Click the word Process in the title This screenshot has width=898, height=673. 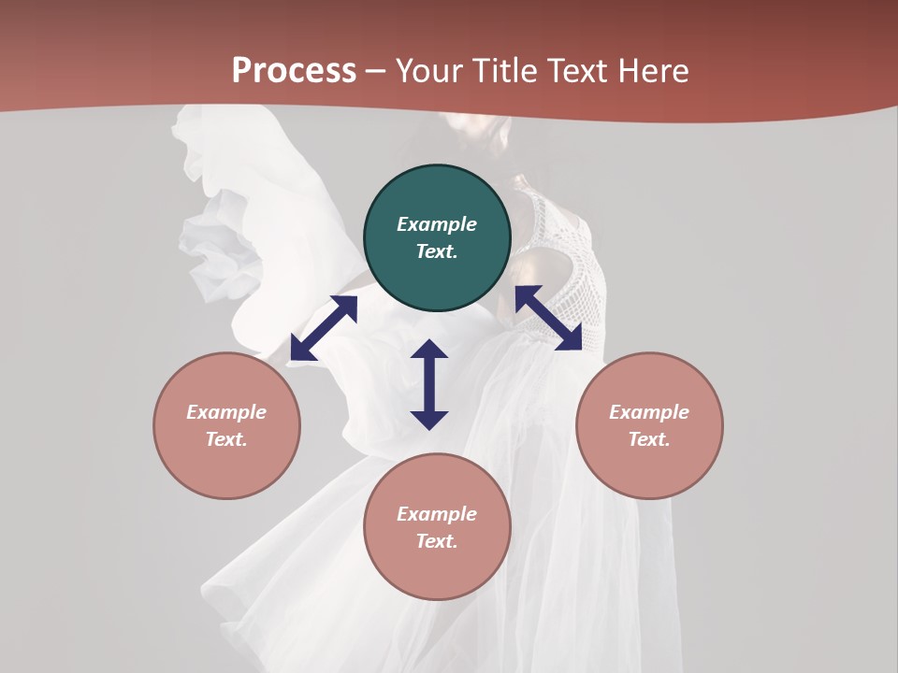pyautogui.click(x=294, y=71)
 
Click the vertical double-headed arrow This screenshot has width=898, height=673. pyautogui.click(x=429, y=384)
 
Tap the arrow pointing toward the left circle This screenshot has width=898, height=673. pyautogui.click(x=324, y=328)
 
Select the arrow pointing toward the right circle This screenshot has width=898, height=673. pyautogui.click(x=548, y=318)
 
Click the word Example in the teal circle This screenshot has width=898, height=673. pyautogui.click(x=437, y=224)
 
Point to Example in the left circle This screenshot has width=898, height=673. pyautogui.click(x=226, y=412)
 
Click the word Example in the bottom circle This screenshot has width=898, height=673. pyautogui.click(x=437, y=514)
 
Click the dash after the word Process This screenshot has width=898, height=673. pyautogui.click(x=375, y=71)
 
